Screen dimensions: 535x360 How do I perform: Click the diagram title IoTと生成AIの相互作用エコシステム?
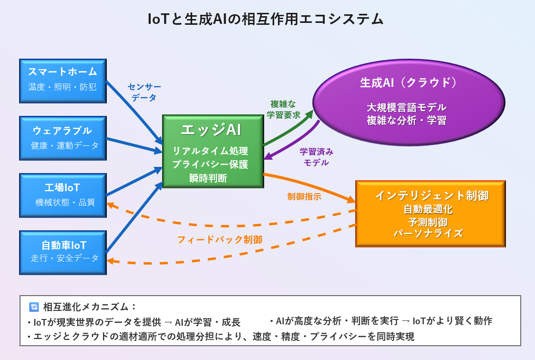(x=266, y=19)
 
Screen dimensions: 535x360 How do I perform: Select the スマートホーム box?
(x=63, y=81)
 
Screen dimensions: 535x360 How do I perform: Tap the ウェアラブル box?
(x=63, y=138)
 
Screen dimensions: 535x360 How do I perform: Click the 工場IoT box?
(x=63, y=195)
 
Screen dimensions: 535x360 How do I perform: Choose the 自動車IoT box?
(x=63, y=253)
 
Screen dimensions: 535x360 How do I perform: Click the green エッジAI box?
(x=213, y=151)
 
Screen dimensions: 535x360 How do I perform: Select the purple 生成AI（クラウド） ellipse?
(x=409, y=103)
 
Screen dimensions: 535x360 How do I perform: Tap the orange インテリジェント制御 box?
(x=430, y=214)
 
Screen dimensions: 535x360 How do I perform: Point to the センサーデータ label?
(x=144, y=92)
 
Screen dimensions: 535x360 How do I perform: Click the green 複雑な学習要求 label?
(x=283, y=109)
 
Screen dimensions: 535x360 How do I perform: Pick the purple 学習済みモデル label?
(x=316, y=157)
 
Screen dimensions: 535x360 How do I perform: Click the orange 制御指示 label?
(x=304, y=196)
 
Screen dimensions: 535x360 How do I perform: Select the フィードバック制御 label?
(x=220, y=239)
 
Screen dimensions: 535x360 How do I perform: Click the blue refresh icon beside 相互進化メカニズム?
(x=34, y=307)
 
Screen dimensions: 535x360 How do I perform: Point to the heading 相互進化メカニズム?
(x=89, y=307)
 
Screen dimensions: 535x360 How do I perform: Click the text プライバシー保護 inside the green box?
(x=210, y=165)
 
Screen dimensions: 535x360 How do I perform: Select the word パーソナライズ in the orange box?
(x=428, y=233)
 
